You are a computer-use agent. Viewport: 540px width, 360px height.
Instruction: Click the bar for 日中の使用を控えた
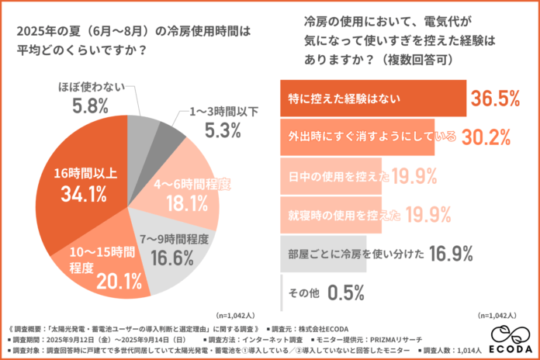334,178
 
